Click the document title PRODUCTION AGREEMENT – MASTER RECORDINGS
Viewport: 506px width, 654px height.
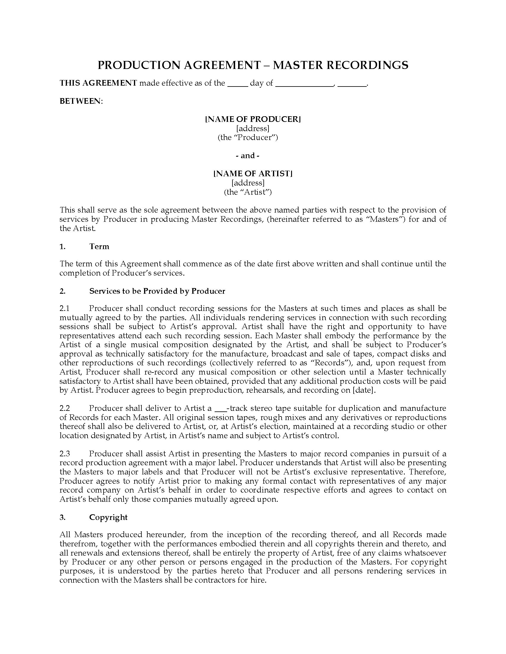(x=253, y=65)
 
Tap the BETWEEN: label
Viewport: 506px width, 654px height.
(x=81, y=101)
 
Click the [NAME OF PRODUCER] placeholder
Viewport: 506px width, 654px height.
(x=253, y=119)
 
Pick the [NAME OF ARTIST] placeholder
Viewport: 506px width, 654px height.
(x=253, y=173)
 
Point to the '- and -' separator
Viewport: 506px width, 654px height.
(x=248, y=155)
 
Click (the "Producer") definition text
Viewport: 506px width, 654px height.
(x=248, y=137)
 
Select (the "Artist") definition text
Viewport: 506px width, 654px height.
(x=248, y=192)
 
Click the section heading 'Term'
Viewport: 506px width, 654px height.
(x=99, y=246)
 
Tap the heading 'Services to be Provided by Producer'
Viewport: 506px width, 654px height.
(x=157, y=291)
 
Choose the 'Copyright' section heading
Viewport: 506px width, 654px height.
(x=108, y=517)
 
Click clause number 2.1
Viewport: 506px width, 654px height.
(x=65, y=309)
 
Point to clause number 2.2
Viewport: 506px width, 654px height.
(x=65, y=408)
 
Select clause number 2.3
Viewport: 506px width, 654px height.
(x=65, y=454)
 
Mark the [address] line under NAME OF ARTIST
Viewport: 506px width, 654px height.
(x=248, y=183)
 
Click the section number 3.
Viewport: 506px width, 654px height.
(x=62, y=517)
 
